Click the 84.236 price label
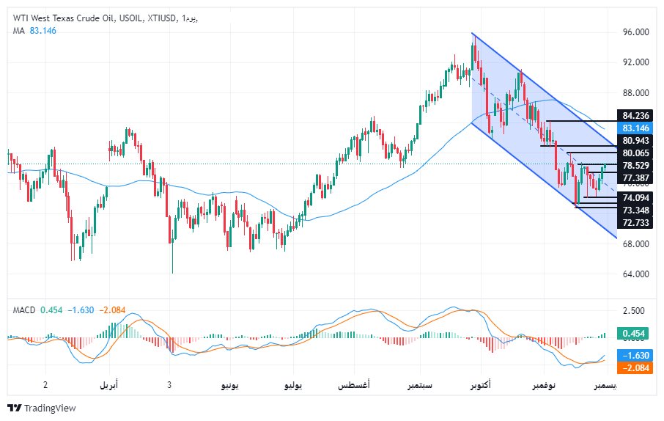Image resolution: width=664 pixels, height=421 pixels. tap(635, 115)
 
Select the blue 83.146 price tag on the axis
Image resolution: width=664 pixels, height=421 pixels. tap(635, 128)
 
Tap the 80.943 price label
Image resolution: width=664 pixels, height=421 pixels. tap(635, 140)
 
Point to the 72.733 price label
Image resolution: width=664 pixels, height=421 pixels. tap(635, 222)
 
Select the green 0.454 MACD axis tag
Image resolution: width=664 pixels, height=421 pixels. tap(635, 334)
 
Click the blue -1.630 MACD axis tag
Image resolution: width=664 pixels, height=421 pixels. tap(635, 355)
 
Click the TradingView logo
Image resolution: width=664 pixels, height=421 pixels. tap(41, 408)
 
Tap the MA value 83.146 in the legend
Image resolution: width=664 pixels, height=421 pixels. tap(43, 31)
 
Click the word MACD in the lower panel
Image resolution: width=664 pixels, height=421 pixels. tap(24, 310)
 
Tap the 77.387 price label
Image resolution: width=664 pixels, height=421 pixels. tap(635, 178)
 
